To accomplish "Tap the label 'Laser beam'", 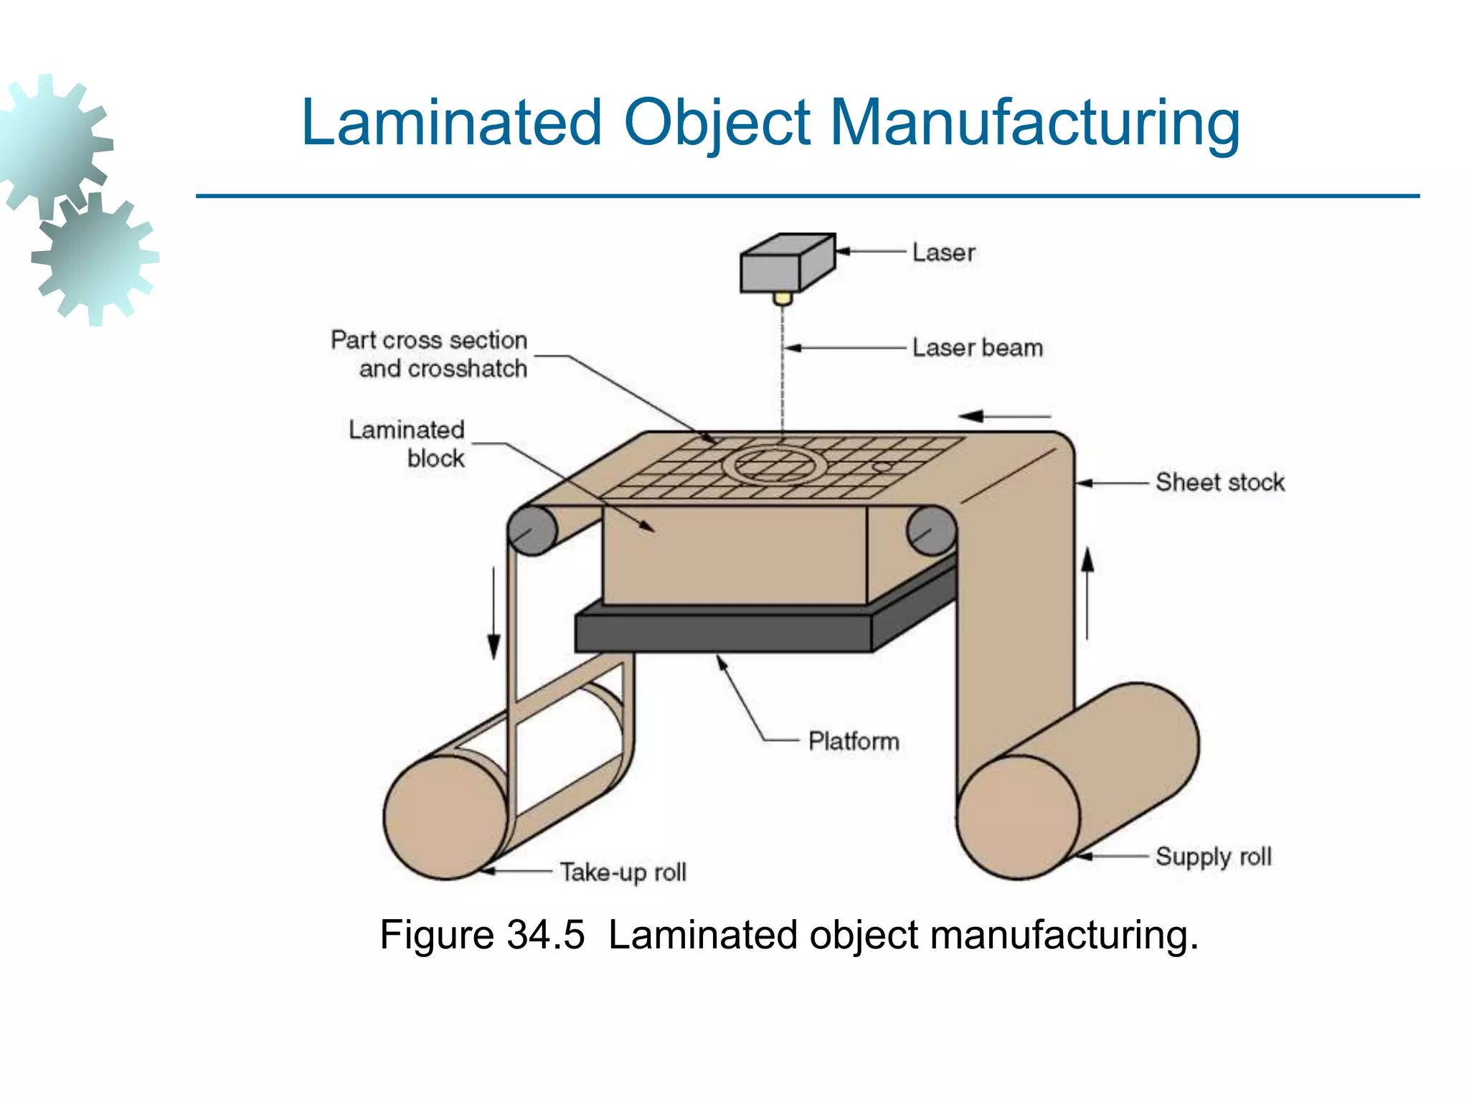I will [x=977, y=348].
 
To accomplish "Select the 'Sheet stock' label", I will [x=1219, y=482].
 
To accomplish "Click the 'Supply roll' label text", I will [x=1213, y=857].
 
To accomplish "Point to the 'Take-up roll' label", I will [x=623, y=872].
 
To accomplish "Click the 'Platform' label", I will [x=853, y=741].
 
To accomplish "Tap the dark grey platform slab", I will [x=724, y=631].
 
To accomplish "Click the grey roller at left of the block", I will [x=532, y=530].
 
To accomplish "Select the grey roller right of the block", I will [x=931, y=530].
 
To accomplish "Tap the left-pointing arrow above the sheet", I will [x=1004, y=416].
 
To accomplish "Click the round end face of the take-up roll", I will [x=445, y=816].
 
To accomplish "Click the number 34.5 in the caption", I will [x=545, y=935].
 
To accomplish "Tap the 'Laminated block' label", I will [x=407, y=444].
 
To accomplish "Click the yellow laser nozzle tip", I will [x=783, y=298].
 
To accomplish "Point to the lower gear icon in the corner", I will [x=95, y=258].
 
